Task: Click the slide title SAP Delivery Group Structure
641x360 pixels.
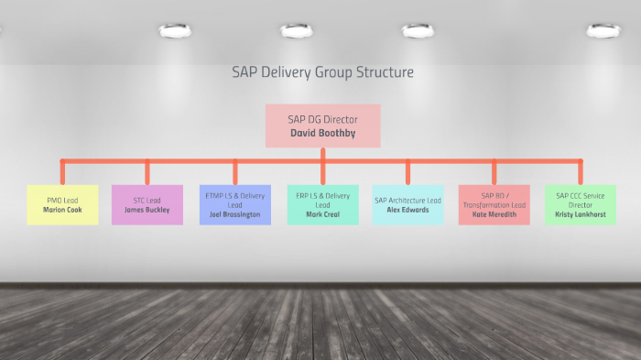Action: click(322, 71)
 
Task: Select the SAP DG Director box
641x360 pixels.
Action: click(322, 125)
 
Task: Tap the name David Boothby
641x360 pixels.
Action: click(322, 133)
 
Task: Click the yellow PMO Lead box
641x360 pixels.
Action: click(62, 204)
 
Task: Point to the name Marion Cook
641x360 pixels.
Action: click(62, 210)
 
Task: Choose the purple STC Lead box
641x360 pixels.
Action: click(147, 204)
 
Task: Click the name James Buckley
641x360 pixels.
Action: click(147, 210)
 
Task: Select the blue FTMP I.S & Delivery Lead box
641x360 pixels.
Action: click(235, 204)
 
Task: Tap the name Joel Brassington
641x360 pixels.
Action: click(235, 214)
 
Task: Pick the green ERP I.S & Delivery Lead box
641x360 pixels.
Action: click(322, 204)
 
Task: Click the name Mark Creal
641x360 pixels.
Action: click(322, 214)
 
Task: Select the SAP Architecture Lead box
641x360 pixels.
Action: click(407, 204)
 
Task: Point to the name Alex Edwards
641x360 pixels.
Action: click(407, 210)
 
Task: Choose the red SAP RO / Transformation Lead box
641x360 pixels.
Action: click(494, 204)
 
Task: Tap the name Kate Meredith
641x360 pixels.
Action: click(494, 214)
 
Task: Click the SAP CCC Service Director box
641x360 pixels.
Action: click(581, 204)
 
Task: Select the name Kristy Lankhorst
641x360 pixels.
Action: click(581, 214)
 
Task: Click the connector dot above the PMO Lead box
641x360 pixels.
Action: click(62, 162)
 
